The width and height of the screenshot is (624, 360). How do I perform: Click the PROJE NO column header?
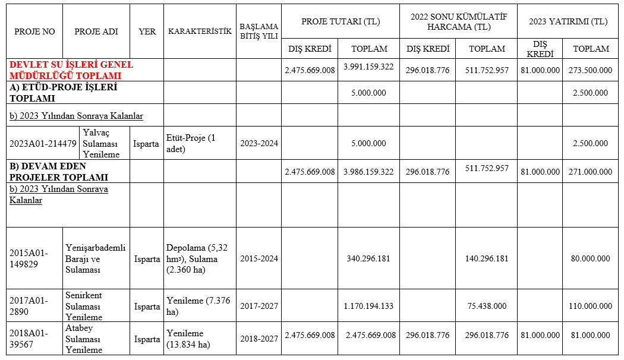[x=34, y=31]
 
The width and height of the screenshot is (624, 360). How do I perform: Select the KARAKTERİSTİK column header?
[x=200, y=31]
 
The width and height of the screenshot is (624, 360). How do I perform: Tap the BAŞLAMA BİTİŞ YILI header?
[x=259, y=31]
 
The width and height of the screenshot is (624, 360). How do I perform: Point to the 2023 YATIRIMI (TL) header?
[x=568, y=21]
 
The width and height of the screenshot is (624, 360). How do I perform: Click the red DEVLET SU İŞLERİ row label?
[x=71, y=70]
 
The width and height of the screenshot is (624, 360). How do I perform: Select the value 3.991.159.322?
[x=368, y=67]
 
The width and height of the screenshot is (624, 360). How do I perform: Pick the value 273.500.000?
[x=592, y=70]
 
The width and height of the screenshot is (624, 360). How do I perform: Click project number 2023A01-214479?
[x=43, y=143]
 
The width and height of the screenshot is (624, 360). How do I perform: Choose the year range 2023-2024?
[x=259, y=143]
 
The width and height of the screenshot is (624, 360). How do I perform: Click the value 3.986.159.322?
[x=368, y=172]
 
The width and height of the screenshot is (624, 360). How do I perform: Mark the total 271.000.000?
[x=592, y=172]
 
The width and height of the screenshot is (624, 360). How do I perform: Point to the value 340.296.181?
[x=368, y=259]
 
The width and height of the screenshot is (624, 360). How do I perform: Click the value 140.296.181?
[x=487, y=259]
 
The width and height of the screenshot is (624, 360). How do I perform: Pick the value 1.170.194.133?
[x=368, y=307]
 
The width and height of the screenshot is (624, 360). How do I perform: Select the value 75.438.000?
[x=487, y=307]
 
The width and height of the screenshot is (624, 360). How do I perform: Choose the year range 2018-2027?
[x=259, y=339]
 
